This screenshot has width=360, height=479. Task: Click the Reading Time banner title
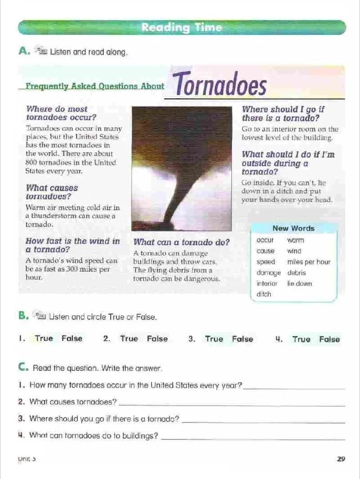[182, 28]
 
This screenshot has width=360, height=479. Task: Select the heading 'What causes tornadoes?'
[51, 192]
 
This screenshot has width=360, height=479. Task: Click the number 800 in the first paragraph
[32, 162]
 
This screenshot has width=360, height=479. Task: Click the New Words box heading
[293, 228]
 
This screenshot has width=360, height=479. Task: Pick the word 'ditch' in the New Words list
[264, 295]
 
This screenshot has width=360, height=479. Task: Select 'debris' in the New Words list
[297, 273]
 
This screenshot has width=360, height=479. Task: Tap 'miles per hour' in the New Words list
[309, 262]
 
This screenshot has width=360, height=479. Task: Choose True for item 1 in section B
[44, 339]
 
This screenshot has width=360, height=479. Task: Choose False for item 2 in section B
[157, 339]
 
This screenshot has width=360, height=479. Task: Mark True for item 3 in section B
[214, 339]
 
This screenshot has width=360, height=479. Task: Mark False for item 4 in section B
[329, 339]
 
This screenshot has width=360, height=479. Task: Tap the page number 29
[341, 459]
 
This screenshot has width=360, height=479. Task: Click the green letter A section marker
[22, 51]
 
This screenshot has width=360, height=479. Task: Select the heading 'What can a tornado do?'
[182, 242]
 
